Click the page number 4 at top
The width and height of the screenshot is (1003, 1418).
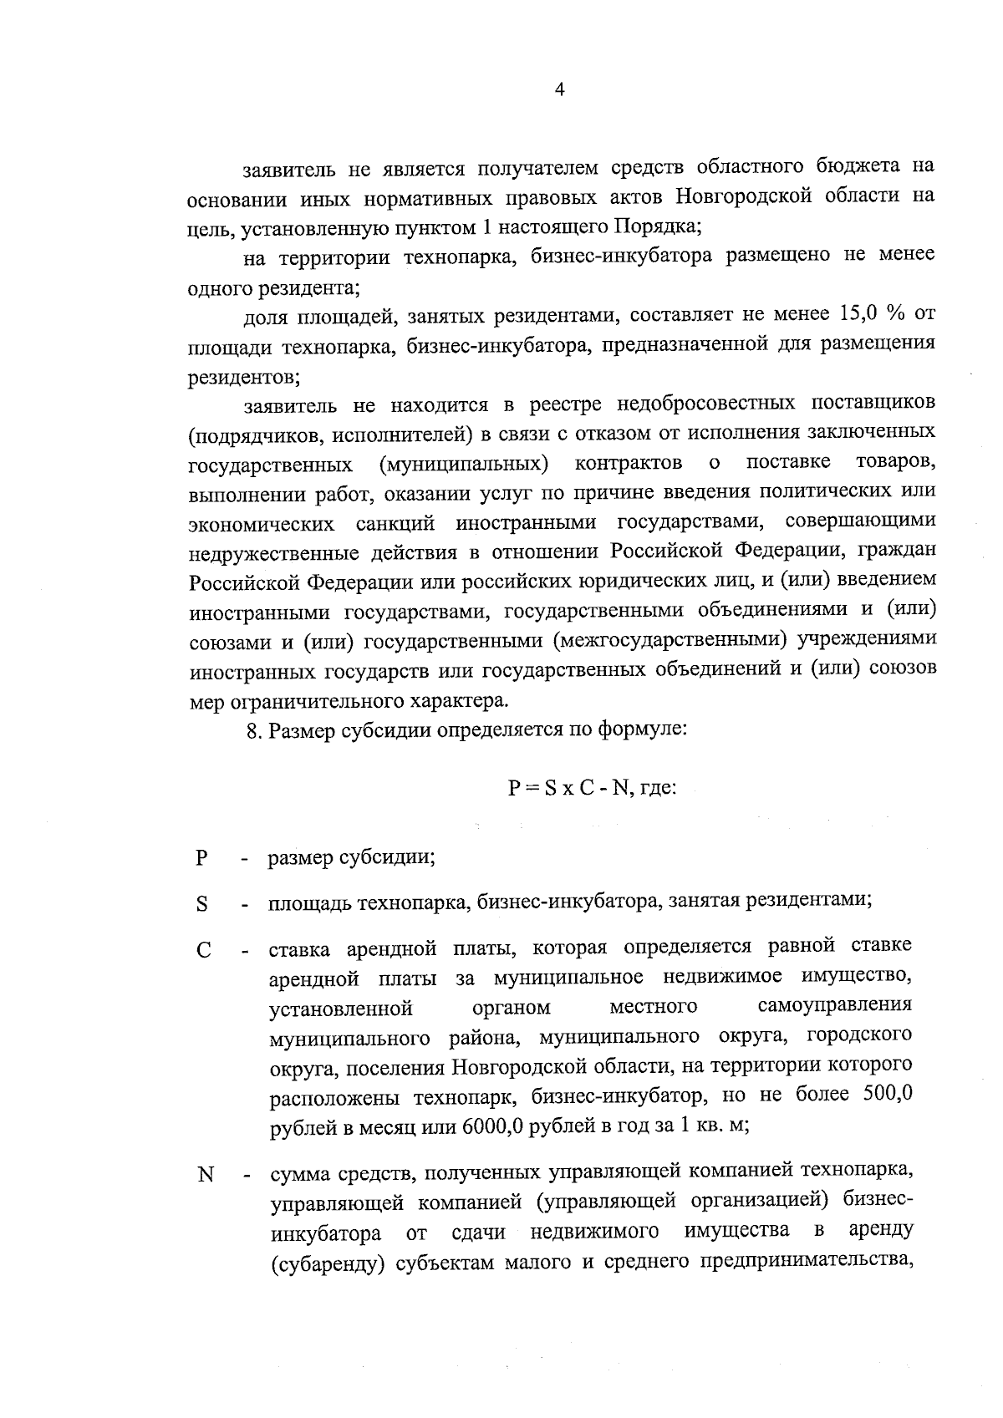click(559, 91)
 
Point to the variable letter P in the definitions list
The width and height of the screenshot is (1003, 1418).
click(201, 858)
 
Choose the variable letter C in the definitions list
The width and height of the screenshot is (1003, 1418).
click(203, 951)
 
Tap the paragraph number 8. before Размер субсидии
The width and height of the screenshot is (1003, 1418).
click(255, 729)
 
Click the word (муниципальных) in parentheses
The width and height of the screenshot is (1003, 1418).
click(463, 463)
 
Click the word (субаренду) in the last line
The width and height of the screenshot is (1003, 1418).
click(328, 1262)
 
